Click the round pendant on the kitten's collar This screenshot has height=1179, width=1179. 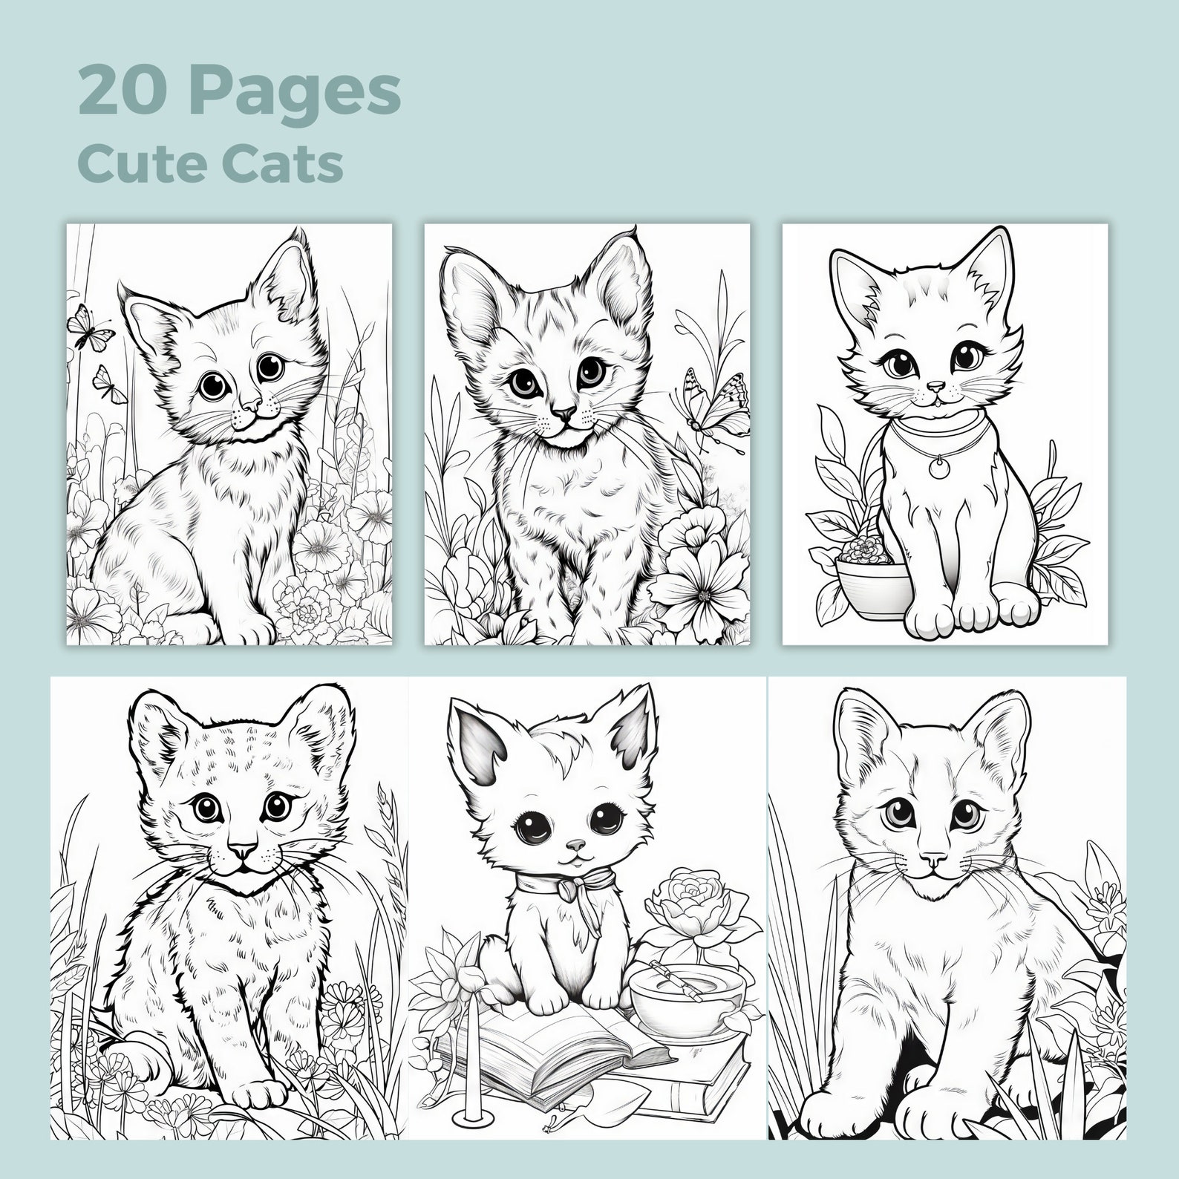(938, 467)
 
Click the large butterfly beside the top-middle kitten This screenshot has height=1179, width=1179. (709, 399)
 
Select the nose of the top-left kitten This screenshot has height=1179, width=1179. (252, 405)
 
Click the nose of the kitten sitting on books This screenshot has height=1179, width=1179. (575, 844)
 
